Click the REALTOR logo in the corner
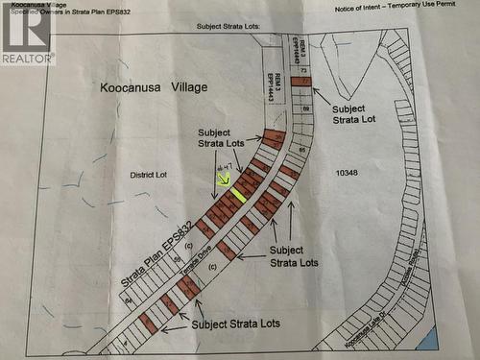point(26,34)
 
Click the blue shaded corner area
point(428,338)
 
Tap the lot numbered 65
point(300,150)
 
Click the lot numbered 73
point(303,71)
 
